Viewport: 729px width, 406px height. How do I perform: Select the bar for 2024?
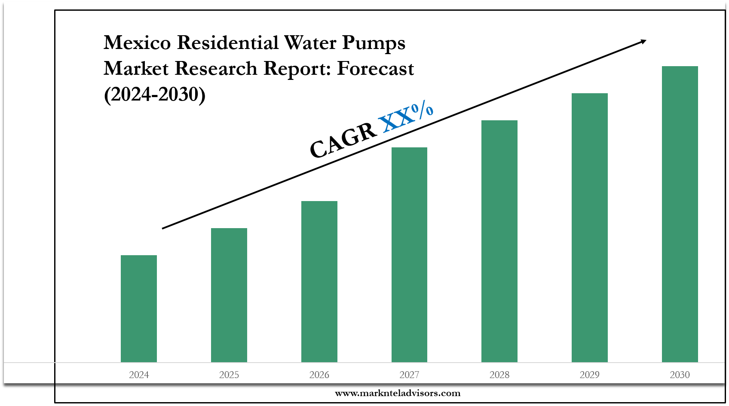pos(139,308)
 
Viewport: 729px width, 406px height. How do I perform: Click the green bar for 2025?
pos(229,295)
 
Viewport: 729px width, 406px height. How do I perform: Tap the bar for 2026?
pos(319,281)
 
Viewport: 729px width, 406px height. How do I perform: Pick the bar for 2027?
pos(409,254)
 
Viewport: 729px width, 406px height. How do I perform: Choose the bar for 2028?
pos(499,241)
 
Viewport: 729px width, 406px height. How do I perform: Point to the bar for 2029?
pos(590,227)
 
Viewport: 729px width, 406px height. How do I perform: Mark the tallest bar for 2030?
pos(680,214)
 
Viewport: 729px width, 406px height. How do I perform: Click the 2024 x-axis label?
pos(139,375)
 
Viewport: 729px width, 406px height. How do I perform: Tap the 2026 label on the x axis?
pos(319,375)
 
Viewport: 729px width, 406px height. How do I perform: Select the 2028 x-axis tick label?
pos(499,375)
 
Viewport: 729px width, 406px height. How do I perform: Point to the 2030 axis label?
pos(680,375)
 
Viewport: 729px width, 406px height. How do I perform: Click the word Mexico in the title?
pos(137,43)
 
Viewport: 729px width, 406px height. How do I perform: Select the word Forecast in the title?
pos(375,69)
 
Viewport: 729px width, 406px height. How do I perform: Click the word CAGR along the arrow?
pos(343,140)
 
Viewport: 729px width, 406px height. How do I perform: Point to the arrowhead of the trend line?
pos(643,41)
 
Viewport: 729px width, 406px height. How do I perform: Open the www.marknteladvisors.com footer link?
pos(398,393)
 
